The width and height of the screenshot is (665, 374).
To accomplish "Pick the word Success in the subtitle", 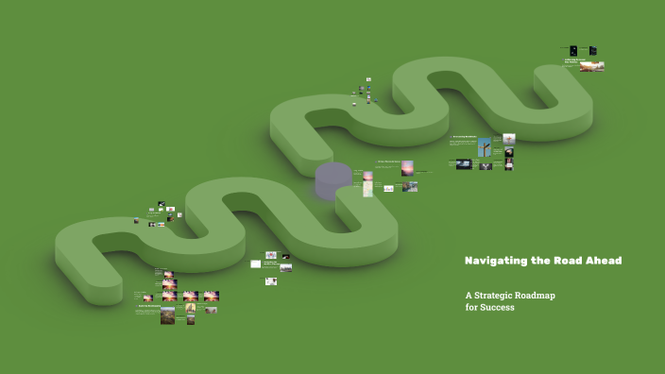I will tap(498, 307).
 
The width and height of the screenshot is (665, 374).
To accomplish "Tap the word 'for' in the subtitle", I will tap(471, 307).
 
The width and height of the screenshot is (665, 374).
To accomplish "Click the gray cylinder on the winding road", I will tap(333, 179).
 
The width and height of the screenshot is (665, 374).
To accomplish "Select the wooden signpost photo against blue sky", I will tap(484, 147).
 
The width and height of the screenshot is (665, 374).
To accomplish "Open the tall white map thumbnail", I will tap(367, 188).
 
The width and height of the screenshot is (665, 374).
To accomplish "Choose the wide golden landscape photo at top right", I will tap(592, 67).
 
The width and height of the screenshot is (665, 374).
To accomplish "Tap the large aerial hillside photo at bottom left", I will tap(167, 315).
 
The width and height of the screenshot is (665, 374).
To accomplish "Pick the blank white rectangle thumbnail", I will tap(255, 263).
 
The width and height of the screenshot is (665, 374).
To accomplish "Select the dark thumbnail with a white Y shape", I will tap(486, 165).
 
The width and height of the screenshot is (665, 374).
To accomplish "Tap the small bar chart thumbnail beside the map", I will tap(388, 189).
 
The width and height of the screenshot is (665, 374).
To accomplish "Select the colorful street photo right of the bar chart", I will tap(410, 187).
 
